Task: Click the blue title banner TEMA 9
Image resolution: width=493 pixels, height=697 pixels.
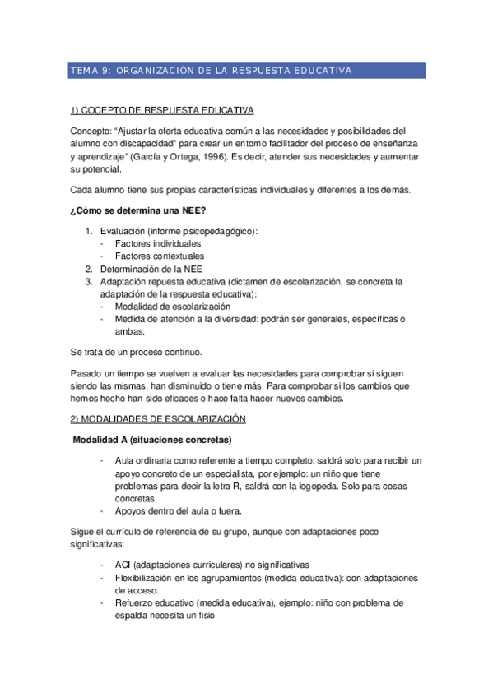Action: pyautogui.click(x=246, y=71)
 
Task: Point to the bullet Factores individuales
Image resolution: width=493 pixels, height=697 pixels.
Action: pyautogui.click(x=157, y=244)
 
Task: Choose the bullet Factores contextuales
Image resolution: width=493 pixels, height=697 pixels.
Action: pyautogui.click(x=160, y=256)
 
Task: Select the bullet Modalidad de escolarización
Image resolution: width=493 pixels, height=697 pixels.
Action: pyautogui.click(x=172, y=306)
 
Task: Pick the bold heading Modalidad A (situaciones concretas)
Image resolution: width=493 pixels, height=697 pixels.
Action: pyautogui.click(x=152, y=439)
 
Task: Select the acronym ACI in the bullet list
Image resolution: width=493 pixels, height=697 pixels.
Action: pyautogui.click(x=123, y=565)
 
